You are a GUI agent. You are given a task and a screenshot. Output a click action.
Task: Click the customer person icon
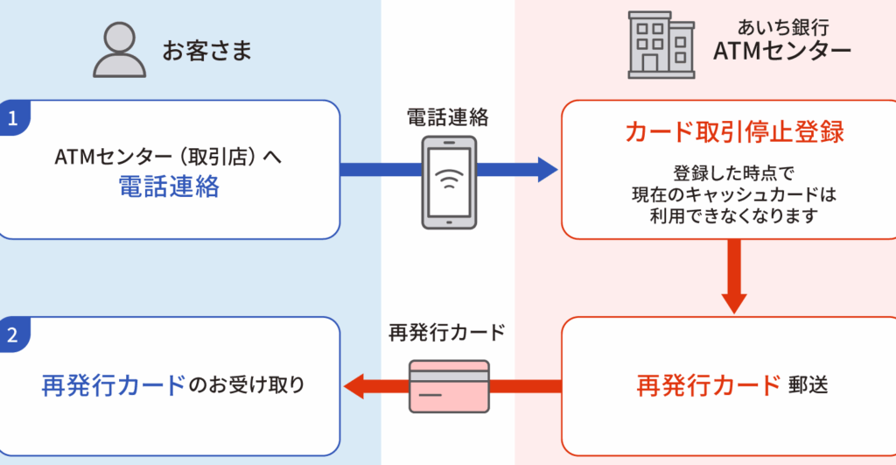pos(119,52)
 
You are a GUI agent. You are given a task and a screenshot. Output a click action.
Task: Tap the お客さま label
pos(206,52)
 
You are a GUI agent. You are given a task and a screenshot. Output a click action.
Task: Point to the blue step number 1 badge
pos(13,118)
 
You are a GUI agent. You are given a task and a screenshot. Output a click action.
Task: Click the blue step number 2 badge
pos(13,335)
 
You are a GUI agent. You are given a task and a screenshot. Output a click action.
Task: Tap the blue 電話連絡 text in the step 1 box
pos(169,186)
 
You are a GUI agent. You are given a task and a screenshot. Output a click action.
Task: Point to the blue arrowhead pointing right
pos(547,169)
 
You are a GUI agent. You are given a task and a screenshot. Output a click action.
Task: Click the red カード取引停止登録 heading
pos(734,132)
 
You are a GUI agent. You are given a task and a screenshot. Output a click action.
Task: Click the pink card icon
pos(450,386)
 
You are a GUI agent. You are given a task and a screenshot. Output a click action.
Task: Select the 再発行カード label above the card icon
pos(447,334)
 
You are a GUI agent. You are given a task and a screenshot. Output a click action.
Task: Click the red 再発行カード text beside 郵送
pos(708,385)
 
